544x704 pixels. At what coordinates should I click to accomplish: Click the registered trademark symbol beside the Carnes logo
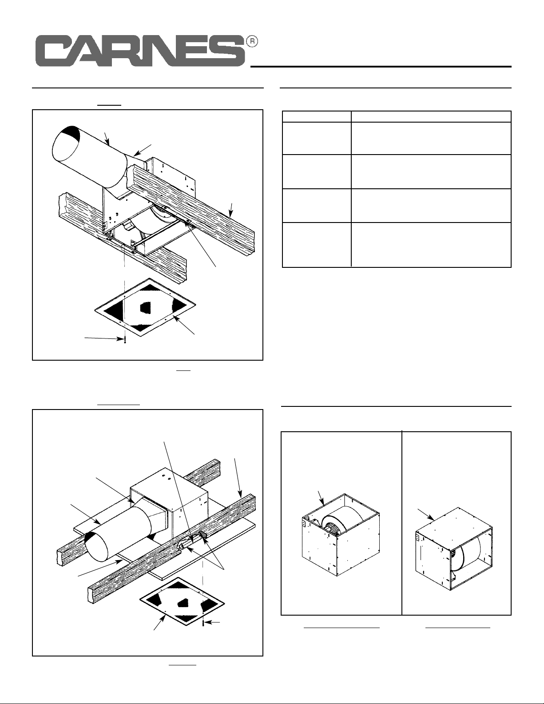click(252, 42)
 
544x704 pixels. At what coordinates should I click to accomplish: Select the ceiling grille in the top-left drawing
click(145, 307)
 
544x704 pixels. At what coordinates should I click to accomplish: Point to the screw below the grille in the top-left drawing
click(125, 340)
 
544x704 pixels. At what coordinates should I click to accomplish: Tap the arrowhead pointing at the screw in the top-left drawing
click(120, 339)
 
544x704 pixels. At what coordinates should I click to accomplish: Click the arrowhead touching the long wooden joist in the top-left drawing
click(230, 213)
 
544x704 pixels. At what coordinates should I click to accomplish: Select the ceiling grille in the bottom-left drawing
click(182, 604)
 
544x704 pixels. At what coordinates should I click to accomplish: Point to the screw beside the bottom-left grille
click(203, 623)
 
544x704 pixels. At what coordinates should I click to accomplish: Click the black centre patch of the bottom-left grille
click(182, 603)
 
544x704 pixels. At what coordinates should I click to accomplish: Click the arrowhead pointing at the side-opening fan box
click(431, 518)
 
